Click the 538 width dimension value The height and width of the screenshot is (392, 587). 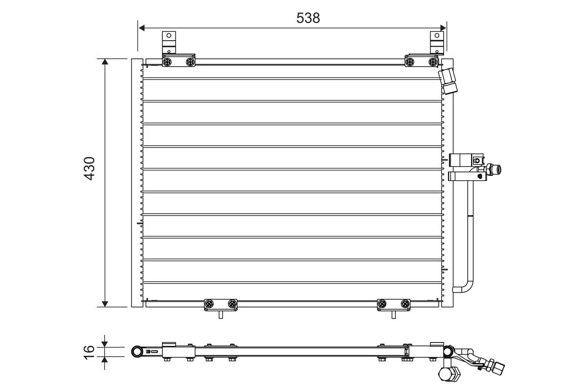(x=308, y=18)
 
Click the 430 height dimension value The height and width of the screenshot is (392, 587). (x=90, y=169)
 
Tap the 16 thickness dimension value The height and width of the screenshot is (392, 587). (x=89, y=352)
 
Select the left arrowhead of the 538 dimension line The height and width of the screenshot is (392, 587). (x=141, y=28)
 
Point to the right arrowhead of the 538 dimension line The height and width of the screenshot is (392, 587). (x=443, y=28)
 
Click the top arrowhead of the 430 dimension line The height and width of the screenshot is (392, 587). (x=105, y=62)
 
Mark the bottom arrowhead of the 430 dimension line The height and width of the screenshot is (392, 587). (x=105, y=304)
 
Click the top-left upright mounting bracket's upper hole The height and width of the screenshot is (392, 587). (x=169, y=35)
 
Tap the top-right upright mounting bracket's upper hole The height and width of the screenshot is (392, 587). (x=437, y=35)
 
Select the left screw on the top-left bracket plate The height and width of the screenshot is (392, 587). (x=167, y=62)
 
